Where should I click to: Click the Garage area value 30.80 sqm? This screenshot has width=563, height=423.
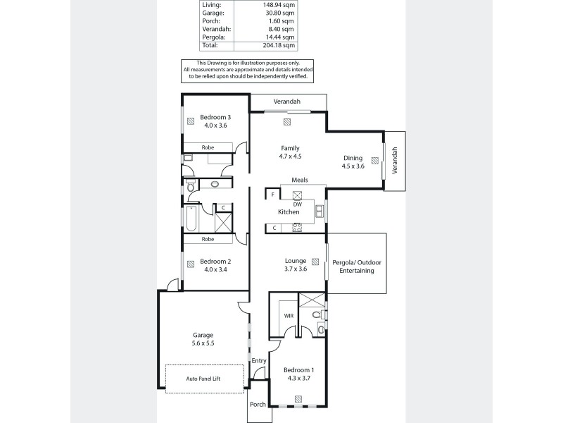click(x=273, y=12)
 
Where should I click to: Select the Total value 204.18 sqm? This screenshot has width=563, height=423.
click(x=272, y=44)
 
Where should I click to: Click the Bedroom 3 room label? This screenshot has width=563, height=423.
click(x=215, y=117)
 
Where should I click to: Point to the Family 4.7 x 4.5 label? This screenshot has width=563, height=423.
click(x=291, y=152)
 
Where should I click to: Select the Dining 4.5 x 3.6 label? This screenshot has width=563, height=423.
click(x=353, y=162)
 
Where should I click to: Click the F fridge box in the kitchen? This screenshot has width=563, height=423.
click(x=272, y=193)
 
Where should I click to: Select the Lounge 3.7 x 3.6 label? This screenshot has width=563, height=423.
click(x=296, y=264)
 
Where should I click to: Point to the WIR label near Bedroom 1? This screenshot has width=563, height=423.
click(x=289, y=317)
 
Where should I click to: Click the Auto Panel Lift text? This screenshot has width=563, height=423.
click(x=203, y=379)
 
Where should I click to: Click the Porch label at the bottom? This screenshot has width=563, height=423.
click(x=258, y=405)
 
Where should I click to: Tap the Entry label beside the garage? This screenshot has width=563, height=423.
click(x=260, y=361)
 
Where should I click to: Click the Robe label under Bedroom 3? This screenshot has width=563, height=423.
click(x=208, y=147)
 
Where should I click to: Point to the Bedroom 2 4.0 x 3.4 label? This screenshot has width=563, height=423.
click(x=215, y=264)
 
